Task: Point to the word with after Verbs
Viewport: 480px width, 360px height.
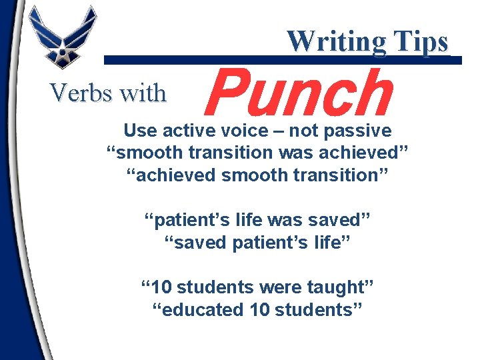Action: pyautogui.click(x=141, y=93)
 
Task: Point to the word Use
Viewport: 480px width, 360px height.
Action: pyautogui.click(x=138, y=130)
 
